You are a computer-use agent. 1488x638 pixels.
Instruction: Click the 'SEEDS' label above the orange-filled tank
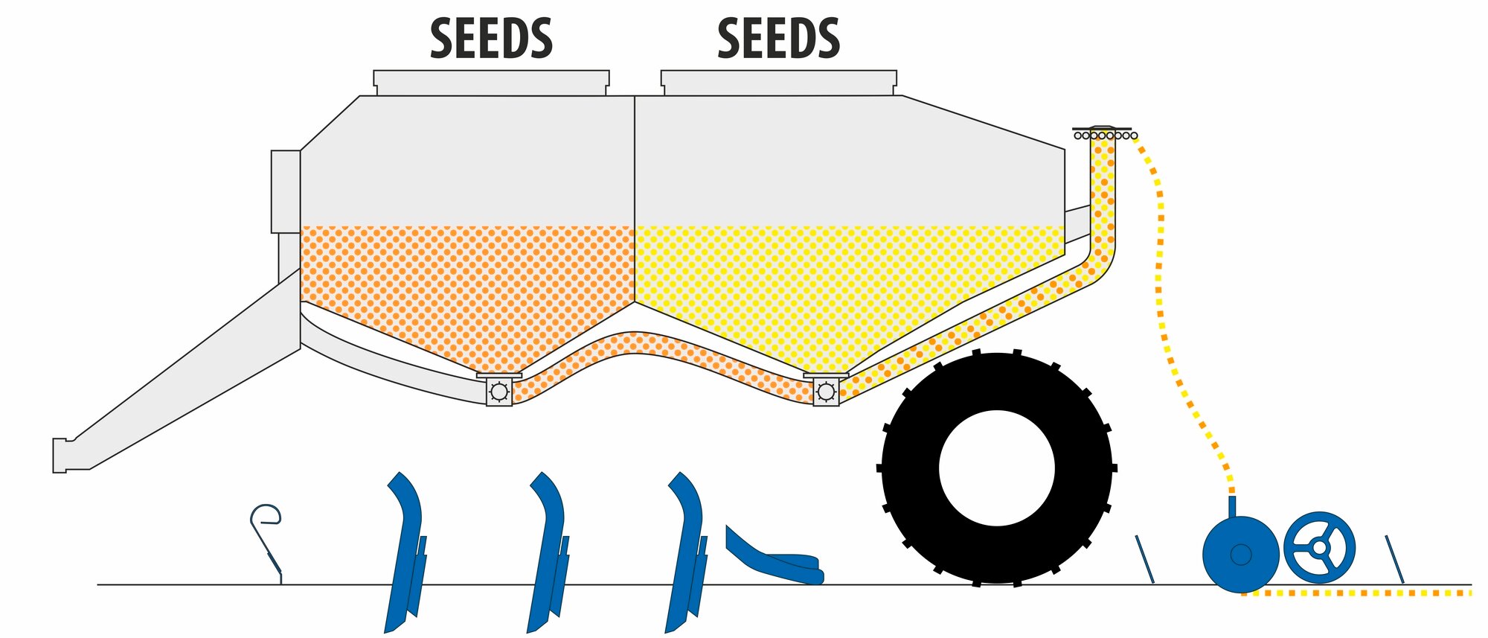[492, 39]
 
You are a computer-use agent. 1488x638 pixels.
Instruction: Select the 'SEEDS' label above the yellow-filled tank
[779, 39]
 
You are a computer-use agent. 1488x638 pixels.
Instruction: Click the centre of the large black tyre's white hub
[997, 468]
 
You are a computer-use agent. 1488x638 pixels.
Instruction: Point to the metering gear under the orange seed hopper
[498, 391]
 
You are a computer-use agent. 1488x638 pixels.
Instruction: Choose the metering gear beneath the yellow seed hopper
[826, 391]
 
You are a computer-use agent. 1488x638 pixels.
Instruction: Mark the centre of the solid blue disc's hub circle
[1241, 554]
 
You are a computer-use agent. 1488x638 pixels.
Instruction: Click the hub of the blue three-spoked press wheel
[1319, 547]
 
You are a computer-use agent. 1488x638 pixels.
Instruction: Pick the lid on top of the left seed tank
[491, 83]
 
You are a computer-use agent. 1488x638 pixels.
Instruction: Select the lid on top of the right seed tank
[779, 83]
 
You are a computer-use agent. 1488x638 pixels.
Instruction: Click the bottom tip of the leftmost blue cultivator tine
[385, 633]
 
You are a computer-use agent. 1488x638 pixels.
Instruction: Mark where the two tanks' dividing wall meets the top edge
[635, 96]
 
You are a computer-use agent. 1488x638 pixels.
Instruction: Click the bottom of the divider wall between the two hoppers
[635, 302]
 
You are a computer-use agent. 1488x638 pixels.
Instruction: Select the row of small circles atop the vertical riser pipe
[1106, 135]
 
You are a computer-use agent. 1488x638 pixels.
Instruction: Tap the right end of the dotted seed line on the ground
[1471, 593]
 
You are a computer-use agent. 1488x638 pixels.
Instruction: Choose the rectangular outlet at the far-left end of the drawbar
[60, 455]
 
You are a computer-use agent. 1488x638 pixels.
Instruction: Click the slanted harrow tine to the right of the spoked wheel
[1394, 559]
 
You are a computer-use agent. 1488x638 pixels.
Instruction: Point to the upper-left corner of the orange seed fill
[301, 226]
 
